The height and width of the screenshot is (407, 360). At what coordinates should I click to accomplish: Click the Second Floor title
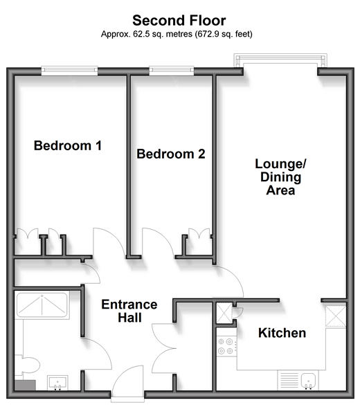pyautogui.click(x=179, y=21)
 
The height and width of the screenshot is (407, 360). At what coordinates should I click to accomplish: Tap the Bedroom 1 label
pyautogui.click(x=67, y=145)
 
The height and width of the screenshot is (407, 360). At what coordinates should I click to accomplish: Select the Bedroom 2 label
pyautogui.click(x=171, y=154)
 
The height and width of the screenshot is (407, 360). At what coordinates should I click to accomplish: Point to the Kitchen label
pyautogui.click(x=282, y=333)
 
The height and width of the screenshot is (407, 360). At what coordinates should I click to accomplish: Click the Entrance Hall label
pyautogui.click(x=129, y=311)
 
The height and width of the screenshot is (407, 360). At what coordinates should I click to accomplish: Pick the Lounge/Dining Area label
pyautogui.click(x=280, y=177)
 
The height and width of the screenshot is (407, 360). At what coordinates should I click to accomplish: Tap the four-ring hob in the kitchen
pyautogui.click(x=226, y=346)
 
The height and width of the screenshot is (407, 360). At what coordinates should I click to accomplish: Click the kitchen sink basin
pyautogui.click(x=308, y=381)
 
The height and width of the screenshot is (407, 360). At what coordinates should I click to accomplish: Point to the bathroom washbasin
pyautogui.click(x=57, y=383)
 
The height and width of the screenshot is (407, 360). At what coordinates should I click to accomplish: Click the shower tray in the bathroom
pyautogui.click(x=42, y=305)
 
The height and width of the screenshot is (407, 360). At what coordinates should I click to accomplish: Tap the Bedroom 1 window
pyautogui.click(x=69, y=71)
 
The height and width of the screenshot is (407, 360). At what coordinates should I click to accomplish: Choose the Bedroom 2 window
pyautogui.click(x=172, y=71)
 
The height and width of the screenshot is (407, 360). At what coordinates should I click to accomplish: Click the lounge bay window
pyautogui.click(x=280, y=60)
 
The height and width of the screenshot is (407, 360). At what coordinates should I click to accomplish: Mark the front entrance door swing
pyautogui.click(x=127, y=382)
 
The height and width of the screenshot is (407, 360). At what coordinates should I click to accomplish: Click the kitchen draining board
pyautogui.click(x=289, y=381)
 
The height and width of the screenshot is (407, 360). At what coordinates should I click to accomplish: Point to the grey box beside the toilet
pyautogui.click(x=25, y=385)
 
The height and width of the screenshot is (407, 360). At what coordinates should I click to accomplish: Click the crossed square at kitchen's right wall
pyautogui.click(x=336, y=316)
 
